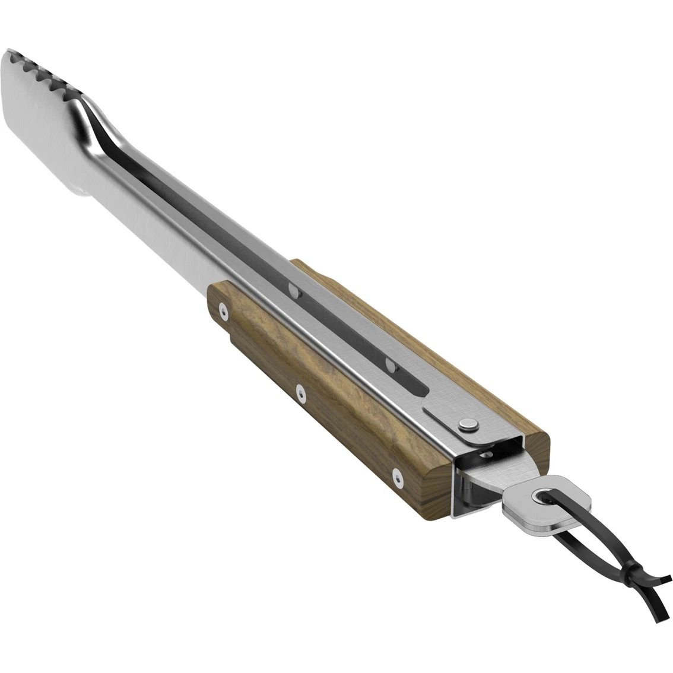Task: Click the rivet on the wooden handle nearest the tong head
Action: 223,309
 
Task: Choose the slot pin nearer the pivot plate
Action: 389,362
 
